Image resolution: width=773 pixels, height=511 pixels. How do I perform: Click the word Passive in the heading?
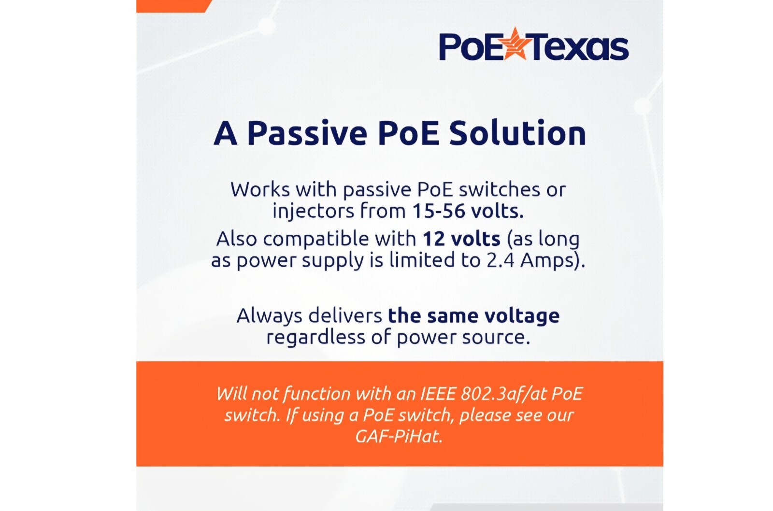pyautogui.click(x=307, y=134)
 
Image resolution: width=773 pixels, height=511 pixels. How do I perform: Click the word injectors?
pyautogui.click(x=314, y=211)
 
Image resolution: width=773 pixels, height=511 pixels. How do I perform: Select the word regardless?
pyautogui.click(x=316, y=337)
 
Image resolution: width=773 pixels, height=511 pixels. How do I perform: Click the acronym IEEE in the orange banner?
pyautogui.click(x=438, y=394)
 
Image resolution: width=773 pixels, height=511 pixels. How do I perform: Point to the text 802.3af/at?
pyautogui.click(x=503, y=395)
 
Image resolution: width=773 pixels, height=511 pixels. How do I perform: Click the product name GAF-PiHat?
pyautogui.click(x=399, y=437)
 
